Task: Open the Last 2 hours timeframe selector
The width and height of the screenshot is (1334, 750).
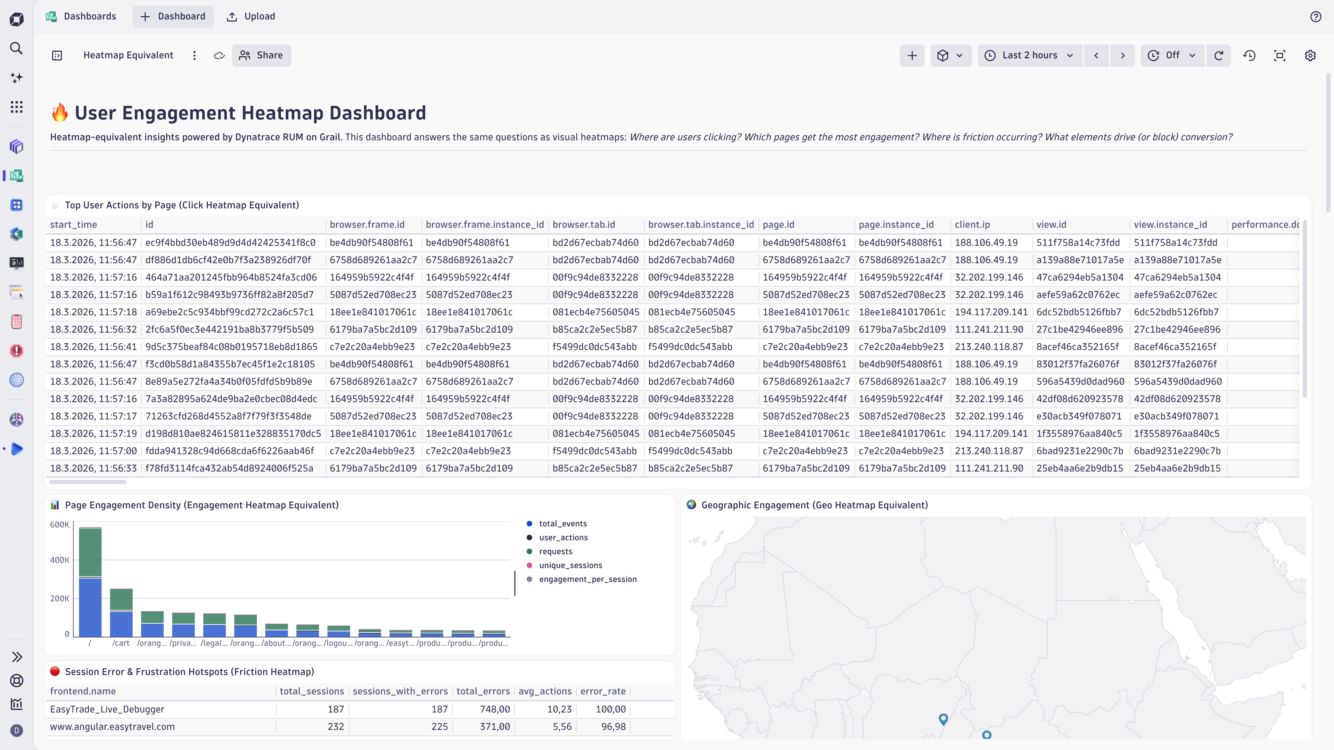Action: [x=1029, y=56]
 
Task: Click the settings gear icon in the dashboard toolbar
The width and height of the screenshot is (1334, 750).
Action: [x=1310, y=56]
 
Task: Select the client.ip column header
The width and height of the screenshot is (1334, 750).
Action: [x=972, y=225]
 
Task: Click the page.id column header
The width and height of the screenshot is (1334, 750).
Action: [x=778, y=225]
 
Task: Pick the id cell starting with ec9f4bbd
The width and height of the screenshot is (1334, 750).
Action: [x=230, y=243]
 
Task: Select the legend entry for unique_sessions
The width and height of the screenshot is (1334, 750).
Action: [x=570, y=565]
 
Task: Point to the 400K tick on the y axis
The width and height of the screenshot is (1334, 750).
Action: [x=59, y=560]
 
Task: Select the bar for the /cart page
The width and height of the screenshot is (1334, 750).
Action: [x=121, y=613]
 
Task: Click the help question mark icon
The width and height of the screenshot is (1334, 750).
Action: [x=1315, y=17]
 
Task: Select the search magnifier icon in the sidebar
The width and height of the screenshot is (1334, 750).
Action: [x=17, y=48]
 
